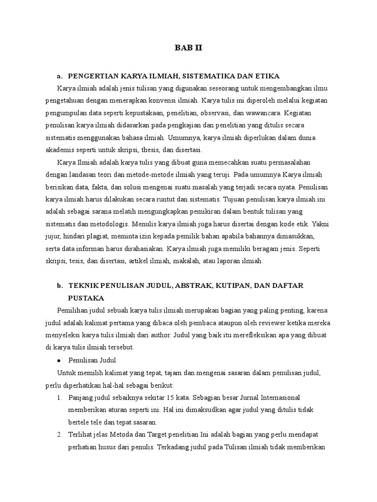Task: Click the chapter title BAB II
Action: pyautogui.click(x=188, y=48)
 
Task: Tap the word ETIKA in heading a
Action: pyautogui.click(x=265, y=76)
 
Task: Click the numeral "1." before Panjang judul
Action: pyautogui.click(x=60, y=397)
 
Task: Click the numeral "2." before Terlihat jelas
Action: pyautogui.click(x=60, y=434)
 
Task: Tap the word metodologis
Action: pyautogui.click(x=108, y=224)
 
